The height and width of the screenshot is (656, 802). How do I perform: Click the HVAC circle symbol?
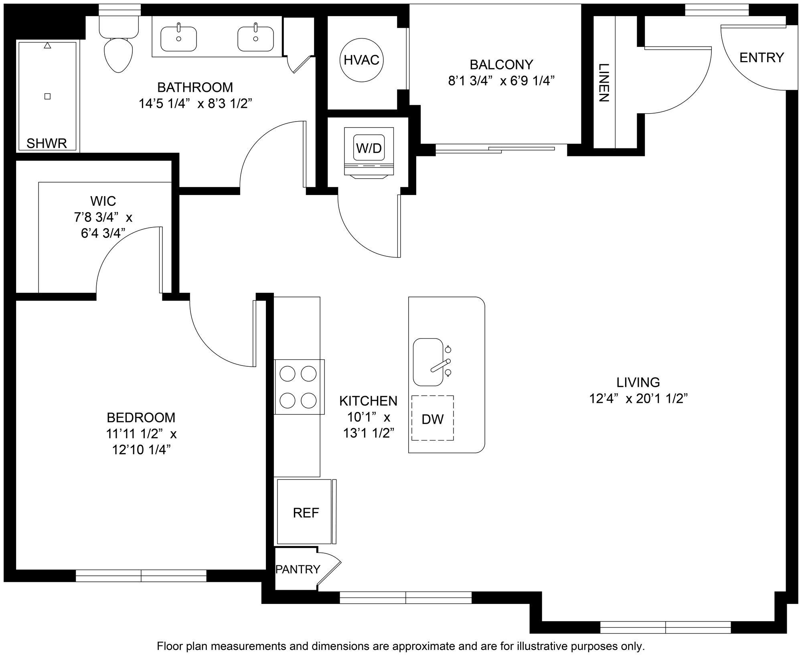point(362,60)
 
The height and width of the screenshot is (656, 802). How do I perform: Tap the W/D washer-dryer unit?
point(369,152)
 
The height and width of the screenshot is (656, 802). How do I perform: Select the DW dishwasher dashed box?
point(433,418)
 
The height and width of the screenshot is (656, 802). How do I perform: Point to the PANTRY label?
point(298,569)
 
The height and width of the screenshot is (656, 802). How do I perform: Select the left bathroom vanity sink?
point(178,39)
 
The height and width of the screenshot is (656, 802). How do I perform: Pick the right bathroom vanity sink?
point(255,39)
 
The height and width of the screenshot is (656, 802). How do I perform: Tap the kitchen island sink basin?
point(428,362)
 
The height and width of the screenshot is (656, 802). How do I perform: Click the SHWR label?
point(47,143)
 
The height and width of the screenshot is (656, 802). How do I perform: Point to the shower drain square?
point(47,96)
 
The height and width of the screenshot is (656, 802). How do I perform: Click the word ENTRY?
point(761,58)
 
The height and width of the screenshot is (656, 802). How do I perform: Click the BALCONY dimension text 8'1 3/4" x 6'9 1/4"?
point(501,81)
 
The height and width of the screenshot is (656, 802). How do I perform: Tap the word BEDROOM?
point(141,417)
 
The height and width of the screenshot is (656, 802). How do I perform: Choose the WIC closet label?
point(103,200)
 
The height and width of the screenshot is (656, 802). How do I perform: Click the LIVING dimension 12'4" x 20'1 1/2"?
point(639,398)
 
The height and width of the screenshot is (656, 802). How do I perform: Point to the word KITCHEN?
point(369,400)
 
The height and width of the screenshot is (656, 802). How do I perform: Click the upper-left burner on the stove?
point(287,374)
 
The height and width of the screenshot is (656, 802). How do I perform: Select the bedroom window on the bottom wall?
point(141,576)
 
